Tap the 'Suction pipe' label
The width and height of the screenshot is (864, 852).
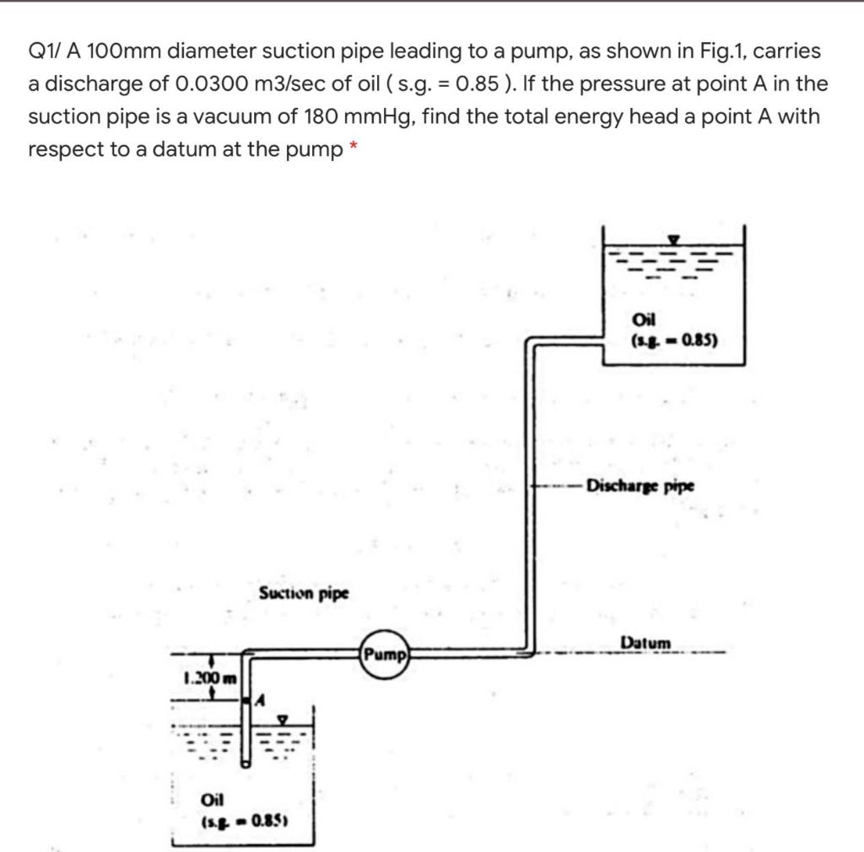(x=304, y=593)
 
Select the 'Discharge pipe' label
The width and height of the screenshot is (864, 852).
(x=640, y=486)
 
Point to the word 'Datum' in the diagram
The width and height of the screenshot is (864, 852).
(x=645, y=643)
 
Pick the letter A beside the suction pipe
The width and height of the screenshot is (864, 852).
(x=261, y=699)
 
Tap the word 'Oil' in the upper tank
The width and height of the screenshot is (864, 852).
(x=642, y=320)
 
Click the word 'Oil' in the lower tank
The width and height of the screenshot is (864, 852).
(x=212, y=800)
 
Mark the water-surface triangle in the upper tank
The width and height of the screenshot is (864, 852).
(x=674, y=239)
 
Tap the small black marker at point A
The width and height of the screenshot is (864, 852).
(x=248, y=699)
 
